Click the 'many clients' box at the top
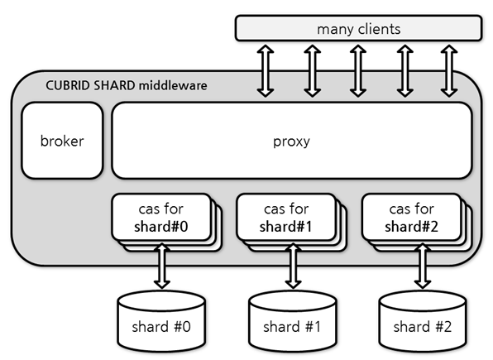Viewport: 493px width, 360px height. click(358, 28)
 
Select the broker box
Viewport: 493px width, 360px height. click(62, 141)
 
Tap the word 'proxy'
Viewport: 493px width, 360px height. click(291, 141)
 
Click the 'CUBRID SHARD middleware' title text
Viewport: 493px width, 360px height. click(125, 85)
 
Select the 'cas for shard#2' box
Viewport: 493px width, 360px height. click(411, 218)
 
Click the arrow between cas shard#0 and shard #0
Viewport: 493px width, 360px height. click(163, 266)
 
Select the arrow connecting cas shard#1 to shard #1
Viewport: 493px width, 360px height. click(293, 266)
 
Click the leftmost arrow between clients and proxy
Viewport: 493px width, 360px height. click(266, 70)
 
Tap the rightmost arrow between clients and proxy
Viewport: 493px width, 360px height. click(449, 70)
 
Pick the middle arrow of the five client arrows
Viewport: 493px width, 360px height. click(357, 70)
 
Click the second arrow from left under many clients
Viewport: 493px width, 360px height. click(312, 70)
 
